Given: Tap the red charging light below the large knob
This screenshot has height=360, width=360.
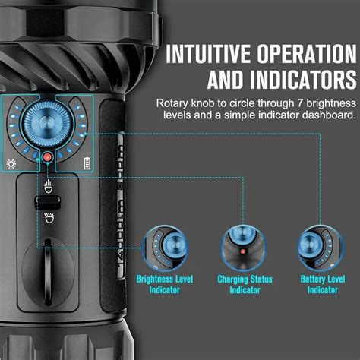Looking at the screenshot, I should click(47, 157).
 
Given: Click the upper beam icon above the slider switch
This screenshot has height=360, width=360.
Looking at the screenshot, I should click(49, 185).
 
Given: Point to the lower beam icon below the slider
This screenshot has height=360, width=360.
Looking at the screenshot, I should click(49, 220).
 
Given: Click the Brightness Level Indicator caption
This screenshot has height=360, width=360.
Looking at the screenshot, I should click(166, 285).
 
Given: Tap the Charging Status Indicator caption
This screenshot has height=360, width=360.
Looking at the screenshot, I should click(242, 285).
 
